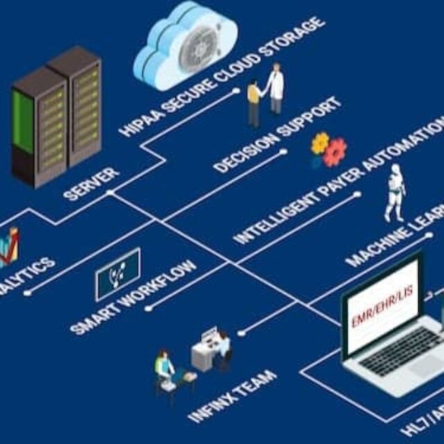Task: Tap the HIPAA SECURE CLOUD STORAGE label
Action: (x=222, y=76)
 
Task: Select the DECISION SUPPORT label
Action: (x=277, y=135)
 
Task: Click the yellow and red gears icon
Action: (x=328, y=150)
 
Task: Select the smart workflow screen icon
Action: (x=118, y=275)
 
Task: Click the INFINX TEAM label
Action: (x=233, y=396)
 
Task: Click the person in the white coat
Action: (x=275, y=87)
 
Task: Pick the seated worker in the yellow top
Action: (x=164, y=368)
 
